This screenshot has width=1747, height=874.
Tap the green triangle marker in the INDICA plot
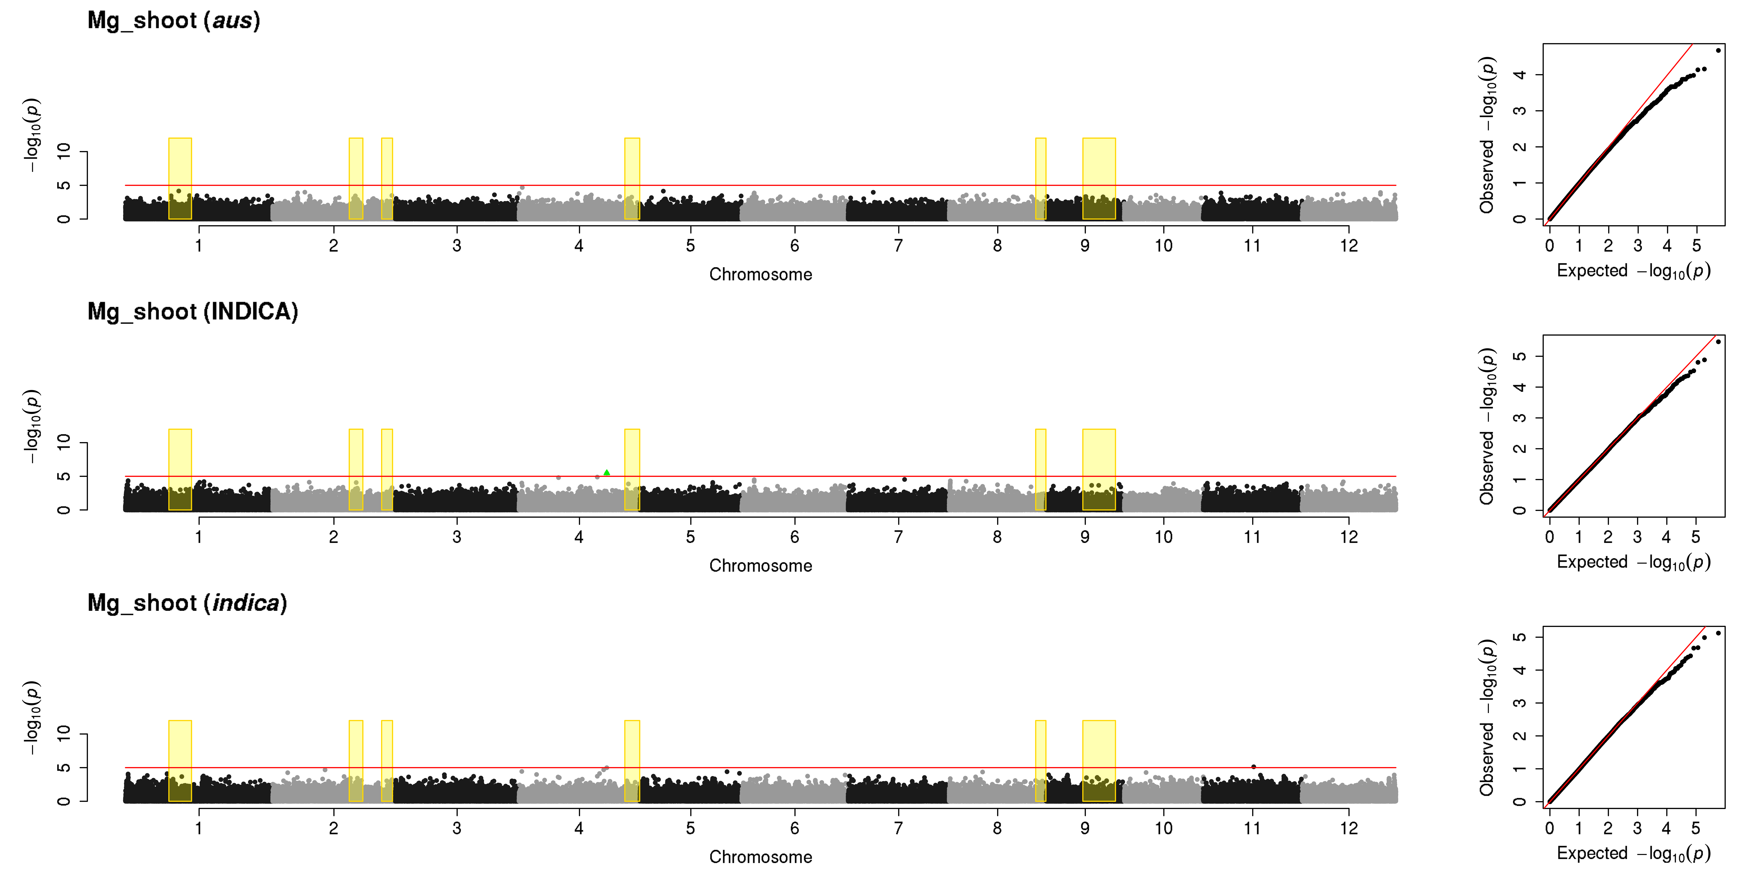[606, 472]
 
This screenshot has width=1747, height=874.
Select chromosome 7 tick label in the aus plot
[898, 246]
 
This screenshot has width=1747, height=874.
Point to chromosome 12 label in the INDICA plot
[1348, 537]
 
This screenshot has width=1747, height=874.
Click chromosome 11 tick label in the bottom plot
[1252, 828]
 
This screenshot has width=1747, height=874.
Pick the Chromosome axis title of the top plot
[760, 274]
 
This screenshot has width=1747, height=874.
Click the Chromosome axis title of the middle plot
[760, 565]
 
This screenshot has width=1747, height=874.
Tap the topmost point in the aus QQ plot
[1718, 50]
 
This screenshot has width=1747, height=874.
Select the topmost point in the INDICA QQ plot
[1718, 342]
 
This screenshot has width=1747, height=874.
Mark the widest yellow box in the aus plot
[1099, 178]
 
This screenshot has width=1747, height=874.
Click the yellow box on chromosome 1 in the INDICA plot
[180, 470]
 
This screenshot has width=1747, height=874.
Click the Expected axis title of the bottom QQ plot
[1633, 853]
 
